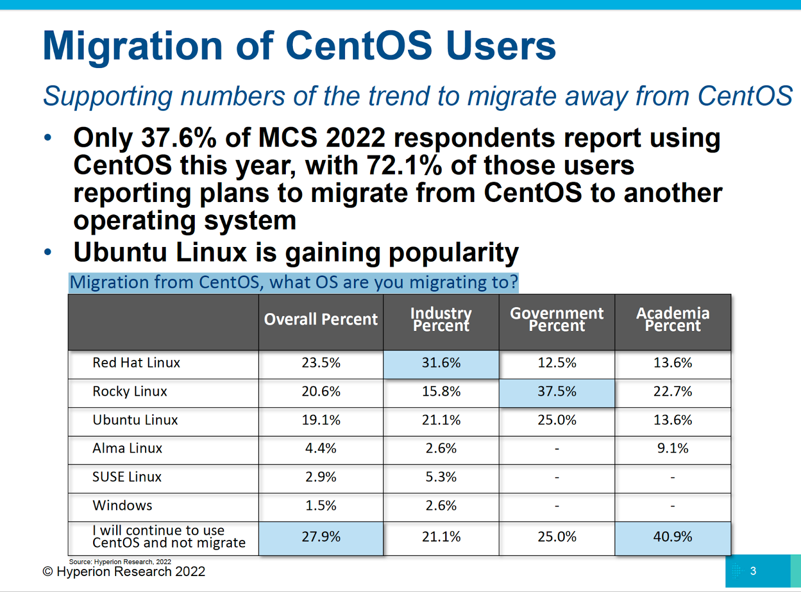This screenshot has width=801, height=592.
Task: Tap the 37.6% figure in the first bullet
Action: click(x=179, y=138)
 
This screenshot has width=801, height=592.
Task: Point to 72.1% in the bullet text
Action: click(x=405, y=165)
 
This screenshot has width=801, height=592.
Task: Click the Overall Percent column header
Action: click(x=321, y=319)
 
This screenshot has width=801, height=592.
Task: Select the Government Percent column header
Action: click(x=557, y=319)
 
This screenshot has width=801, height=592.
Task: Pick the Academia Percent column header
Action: click(x=673, y=319)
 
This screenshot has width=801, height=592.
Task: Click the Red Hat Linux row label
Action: click(x=136, y=363)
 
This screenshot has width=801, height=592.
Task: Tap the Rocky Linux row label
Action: click(x=130, y=391)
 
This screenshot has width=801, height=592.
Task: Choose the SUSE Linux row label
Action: click(x=127, y=477)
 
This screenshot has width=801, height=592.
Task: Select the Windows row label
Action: click(x=122, y=505)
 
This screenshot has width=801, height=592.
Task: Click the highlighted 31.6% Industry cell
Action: click(x=441, y=363)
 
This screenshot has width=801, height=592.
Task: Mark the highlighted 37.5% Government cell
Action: click(x=557, y=391)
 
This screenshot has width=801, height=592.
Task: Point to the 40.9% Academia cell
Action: click(x=673, y=537)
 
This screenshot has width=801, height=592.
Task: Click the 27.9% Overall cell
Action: click(x=321, y=537)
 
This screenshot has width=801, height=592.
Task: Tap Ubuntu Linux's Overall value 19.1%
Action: click(x=321, y=420)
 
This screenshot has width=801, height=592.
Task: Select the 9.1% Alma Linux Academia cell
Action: click(x=673, y=448)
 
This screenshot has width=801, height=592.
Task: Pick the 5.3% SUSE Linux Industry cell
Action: click(x=441, y=477)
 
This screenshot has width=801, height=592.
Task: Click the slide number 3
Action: click(x=753, y=571)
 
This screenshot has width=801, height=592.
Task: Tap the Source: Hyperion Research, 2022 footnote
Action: click(x=120, y=562)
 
